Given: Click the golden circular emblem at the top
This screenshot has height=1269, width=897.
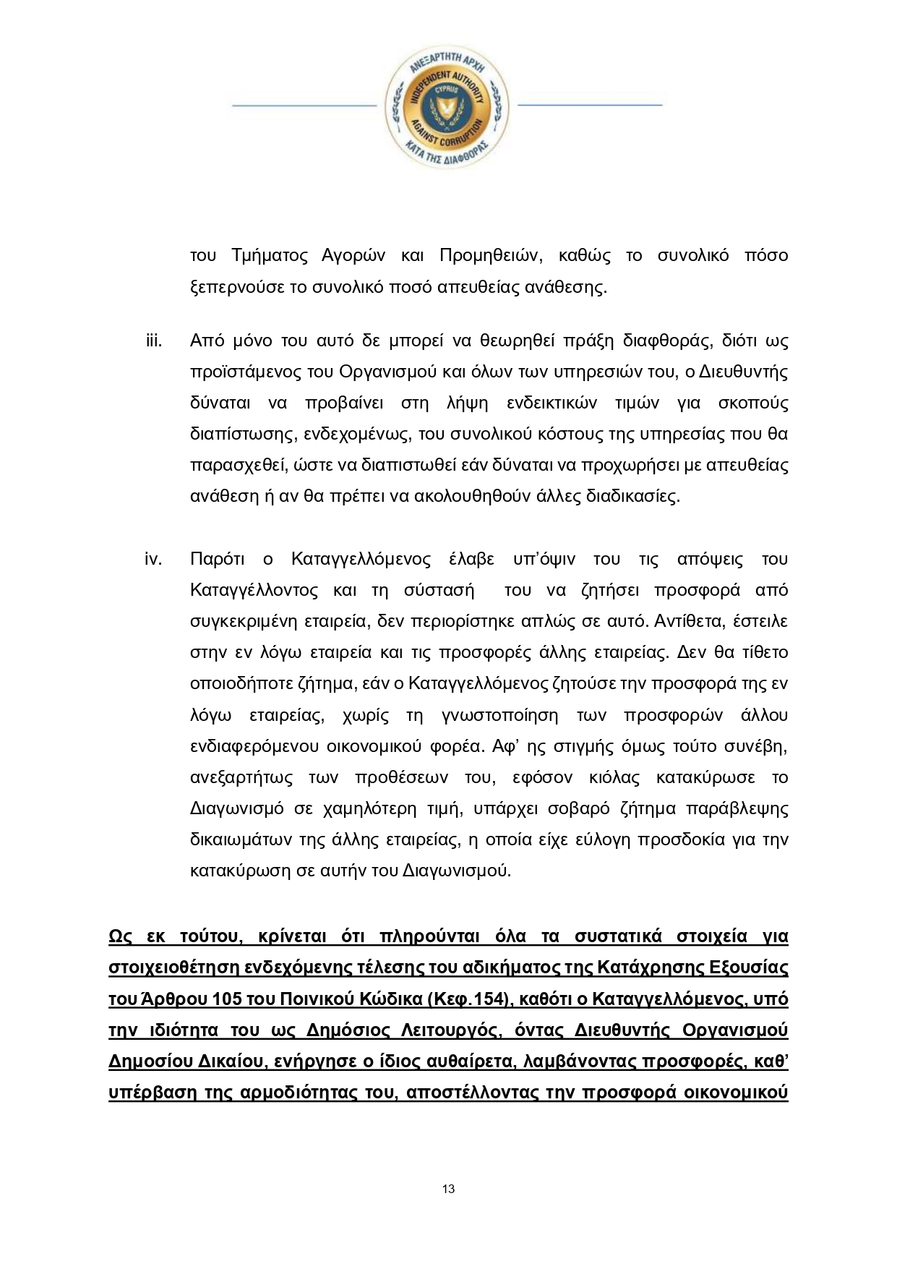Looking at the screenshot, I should point(447,106).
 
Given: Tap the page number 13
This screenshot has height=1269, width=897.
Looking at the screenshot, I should point(448,1189).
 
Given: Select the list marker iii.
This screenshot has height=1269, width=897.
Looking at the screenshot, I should point(153,341).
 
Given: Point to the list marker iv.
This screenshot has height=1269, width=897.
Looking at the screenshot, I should point(153,559).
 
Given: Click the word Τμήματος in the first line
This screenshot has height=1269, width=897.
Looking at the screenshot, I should point(269,256).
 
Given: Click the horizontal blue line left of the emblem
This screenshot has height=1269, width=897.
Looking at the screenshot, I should point(304,106).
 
